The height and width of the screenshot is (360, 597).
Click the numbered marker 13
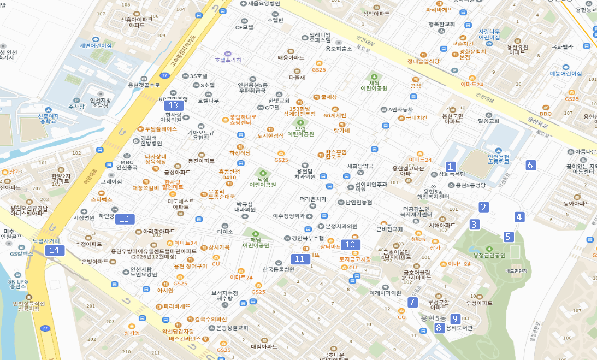174,105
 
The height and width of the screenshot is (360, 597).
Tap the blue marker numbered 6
530,165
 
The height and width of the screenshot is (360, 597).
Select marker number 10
350,245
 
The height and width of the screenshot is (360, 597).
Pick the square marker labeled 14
54,250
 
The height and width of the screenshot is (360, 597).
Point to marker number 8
438,328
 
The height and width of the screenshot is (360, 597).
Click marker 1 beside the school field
451,167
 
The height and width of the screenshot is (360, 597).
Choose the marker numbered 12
124,219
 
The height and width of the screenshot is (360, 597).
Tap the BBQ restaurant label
546,114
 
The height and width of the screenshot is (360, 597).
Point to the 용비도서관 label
459,328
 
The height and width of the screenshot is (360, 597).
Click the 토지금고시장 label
355,259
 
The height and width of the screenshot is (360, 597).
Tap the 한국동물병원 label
278,269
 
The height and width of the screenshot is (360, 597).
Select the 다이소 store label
224,232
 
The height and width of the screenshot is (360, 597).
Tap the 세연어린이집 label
96,46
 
